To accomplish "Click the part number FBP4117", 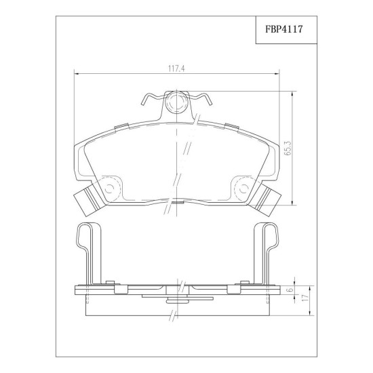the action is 283,29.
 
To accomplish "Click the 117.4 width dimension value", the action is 176,69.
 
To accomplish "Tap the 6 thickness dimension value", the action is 290,290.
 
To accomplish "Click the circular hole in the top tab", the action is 176,102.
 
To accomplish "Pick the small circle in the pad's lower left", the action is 109,189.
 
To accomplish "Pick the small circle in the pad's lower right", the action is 243,189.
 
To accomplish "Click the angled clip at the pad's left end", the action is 89,199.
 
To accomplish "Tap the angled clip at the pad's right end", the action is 265,199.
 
